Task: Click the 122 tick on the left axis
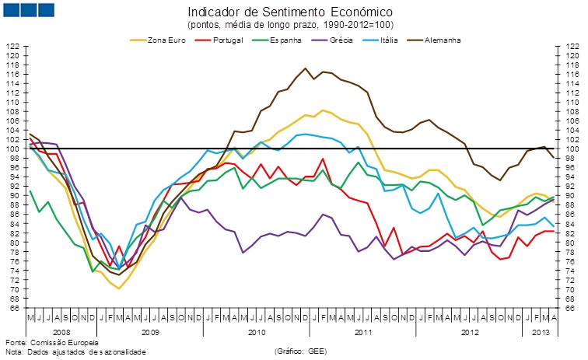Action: tap(12, 47)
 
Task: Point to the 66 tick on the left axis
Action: tap(14, 308)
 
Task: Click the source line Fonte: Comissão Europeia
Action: tap(52, 342)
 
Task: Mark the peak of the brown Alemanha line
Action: tap(304, 68)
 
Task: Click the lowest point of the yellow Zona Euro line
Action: tap(119, 288)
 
